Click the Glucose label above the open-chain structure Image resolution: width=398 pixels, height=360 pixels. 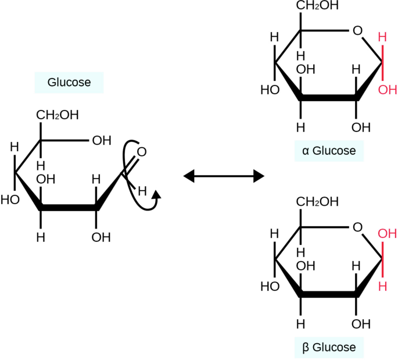[69, 83]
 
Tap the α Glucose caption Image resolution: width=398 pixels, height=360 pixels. [329, 151]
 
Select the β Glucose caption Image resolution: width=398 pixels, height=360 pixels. [329, 348]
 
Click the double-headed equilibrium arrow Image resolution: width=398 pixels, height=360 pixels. [224, 175]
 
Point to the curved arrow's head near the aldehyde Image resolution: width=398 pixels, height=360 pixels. [155, 198]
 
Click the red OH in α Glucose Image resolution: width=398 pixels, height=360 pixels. [388, 90]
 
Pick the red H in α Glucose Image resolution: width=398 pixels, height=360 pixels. [382, 37]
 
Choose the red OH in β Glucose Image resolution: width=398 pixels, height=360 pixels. [388, 234]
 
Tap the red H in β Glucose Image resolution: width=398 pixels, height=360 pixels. [382, 286]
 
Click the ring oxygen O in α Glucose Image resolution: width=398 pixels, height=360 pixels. [357, 30]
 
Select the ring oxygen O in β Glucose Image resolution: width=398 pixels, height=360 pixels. [357, 227]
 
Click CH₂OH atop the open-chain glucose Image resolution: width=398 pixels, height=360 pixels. [58, 115]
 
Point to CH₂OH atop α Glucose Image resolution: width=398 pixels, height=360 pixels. [317, 6]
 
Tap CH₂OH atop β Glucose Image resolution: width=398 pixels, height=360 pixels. [317, 202]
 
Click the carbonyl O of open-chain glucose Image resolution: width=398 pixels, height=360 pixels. [141, 152]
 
